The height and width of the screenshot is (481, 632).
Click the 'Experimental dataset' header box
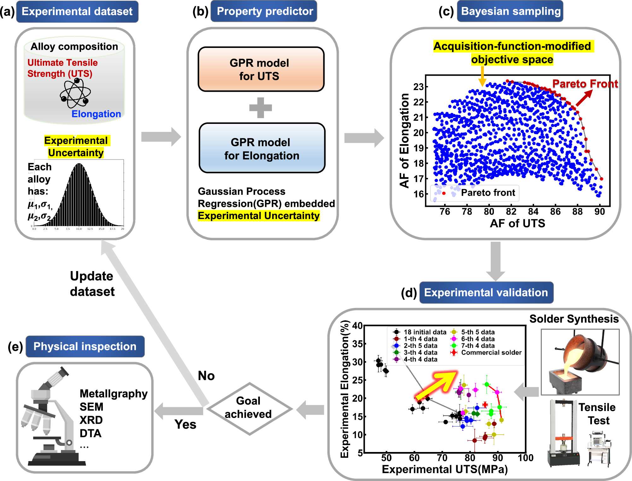tap(77, 12)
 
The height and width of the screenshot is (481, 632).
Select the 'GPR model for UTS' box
tap(260, 69)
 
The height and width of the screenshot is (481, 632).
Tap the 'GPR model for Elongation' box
tap(261, 148)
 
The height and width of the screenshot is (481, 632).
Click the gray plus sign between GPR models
tap(260, 108)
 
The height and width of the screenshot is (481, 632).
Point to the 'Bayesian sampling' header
tap(510, 11)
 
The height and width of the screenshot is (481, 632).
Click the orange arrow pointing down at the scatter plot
tap(482, 77)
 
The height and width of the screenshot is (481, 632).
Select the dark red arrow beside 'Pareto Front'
tap(584, 98)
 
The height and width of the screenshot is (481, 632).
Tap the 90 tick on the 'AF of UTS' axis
tap(600, 212)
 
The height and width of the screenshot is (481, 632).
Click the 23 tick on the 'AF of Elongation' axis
tap(419, 87)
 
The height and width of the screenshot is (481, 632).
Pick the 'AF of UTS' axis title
tap(517, 223)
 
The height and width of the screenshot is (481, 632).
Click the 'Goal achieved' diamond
tap(249, 409)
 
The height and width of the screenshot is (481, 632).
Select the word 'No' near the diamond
tap(206, 376)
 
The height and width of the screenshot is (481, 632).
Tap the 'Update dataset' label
tap(92, 284)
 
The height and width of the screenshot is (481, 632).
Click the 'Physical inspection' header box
tap(85, 346)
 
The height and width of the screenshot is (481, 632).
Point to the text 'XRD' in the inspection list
tap(91, 420)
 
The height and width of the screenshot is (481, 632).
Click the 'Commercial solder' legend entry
tap(488, 352)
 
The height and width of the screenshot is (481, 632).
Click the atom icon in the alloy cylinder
tap(75, 93)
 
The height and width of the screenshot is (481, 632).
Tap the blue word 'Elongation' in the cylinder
tap(96, 114)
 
